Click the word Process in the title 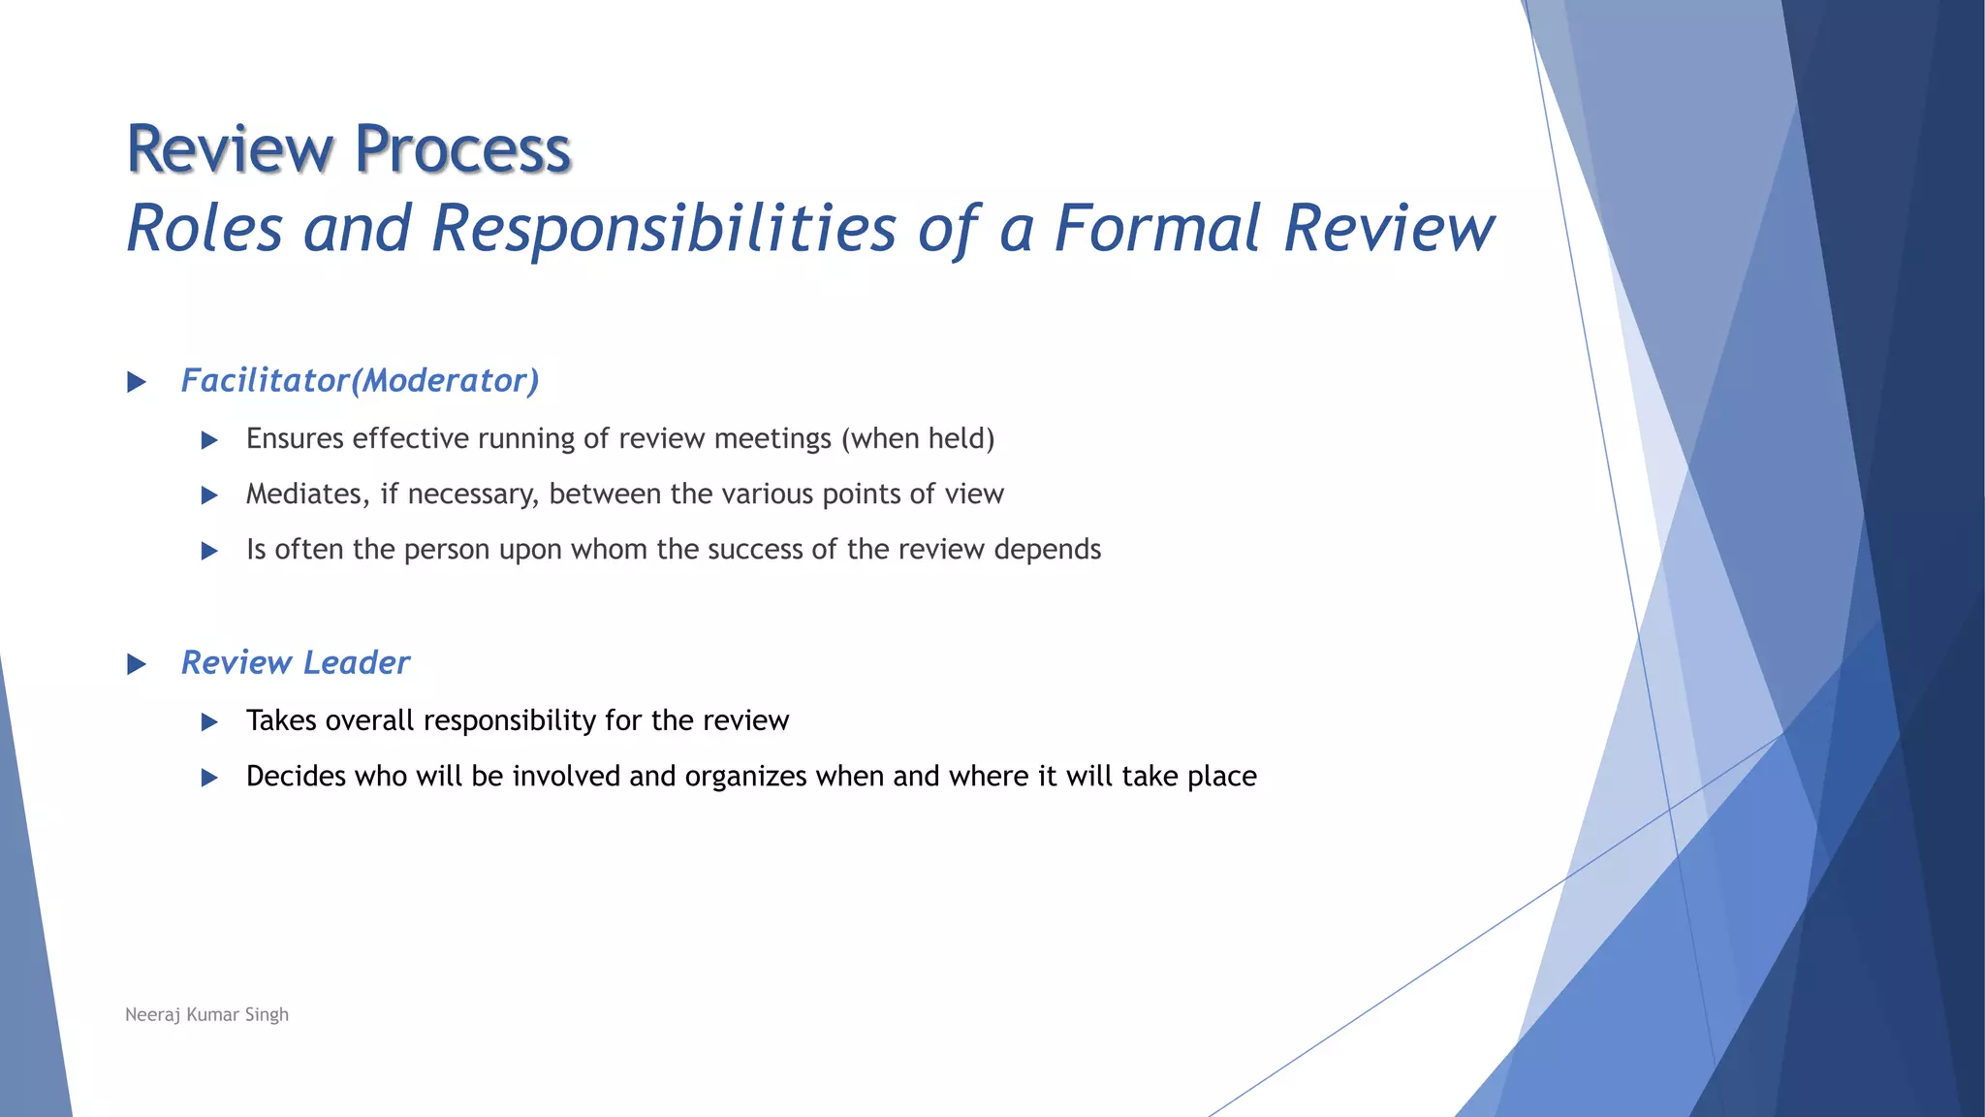(462, 150)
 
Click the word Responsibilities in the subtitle (663, 230)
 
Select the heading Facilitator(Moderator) (360, 381)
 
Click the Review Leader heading (296, 663)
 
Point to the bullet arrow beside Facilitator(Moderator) (137, 382)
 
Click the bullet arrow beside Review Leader (137, 664)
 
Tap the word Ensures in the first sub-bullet (295, 439)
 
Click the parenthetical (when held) (918, 439)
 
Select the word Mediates (307, 495)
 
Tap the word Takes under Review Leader (281, 720)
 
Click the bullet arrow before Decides (209, 778)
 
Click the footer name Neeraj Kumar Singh (206, 1014)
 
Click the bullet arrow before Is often (209, 551)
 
